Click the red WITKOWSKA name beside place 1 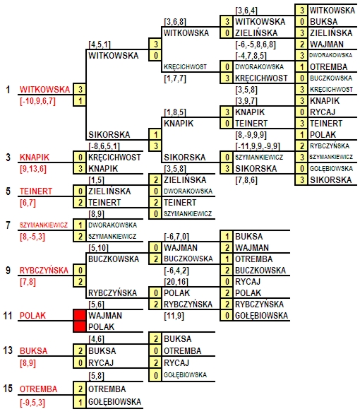(45, 89)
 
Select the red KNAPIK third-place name (35, 157)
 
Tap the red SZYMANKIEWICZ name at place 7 (44, 225)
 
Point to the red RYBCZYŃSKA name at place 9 (44, 270)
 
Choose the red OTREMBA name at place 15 (39, 389)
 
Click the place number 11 (8, 315)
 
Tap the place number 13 (8, 350)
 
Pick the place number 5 (8, 191)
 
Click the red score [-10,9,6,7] (37, 101)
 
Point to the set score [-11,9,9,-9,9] (258, 146)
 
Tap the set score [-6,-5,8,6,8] (256, 45)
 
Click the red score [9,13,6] (33, 169)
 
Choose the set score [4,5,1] (100, 45)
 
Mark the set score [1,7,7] (175, 78)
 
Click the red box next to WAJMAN (80, 315)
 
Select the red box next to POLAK (80, 326)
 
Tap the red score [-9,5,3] (32, 403)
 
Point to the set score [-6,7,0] (176, 237)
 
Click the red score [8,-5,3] (32, 237)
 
